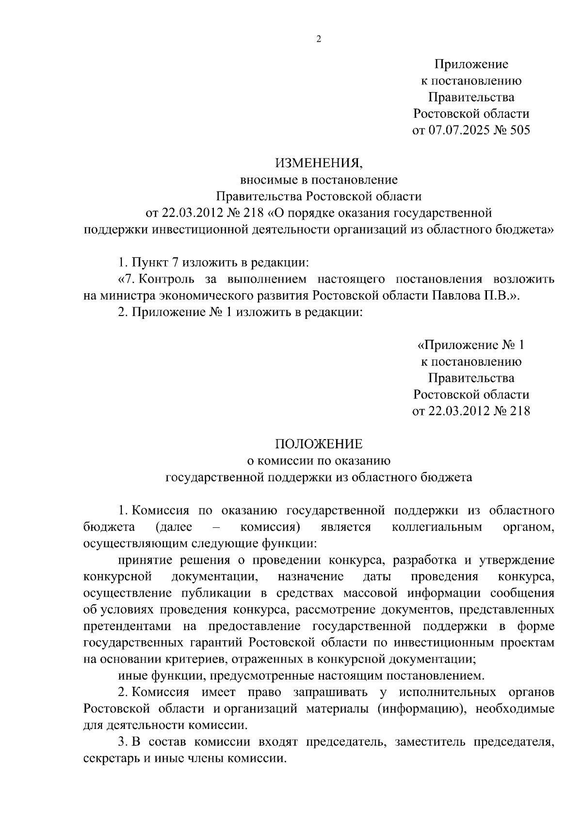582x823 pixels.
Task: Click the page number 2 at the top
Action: [x=319, y=39]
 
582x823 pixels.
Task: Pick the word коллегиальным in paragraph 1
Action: [x=436, y=527]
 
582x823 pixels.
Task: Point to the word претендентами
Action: [x=128, y=626]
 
